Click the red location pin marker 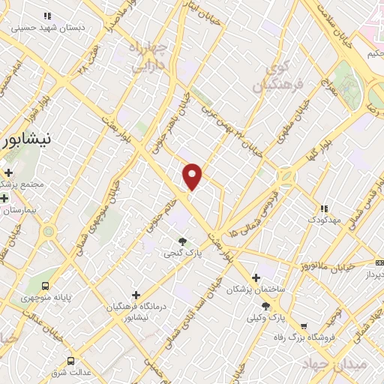[x=193, y=175]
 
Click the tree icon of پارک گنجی [x=182, y=241]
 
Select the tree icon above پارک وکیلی [x=265, y=305]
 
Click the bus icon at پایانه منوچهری [x=46, y=286]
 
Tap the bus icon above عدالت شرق [x=71, y=360]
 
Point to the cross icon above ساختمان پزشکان [x=255, y=277]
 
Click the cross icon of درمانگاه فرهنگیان [x=136, y=295]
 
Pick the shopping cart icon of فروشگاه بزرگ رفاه [x=303, y=326]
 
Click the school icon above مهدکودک [x=323, y=208]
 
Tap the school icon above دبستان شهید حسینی [x=47, y=15]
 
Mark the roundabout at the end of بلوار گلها [x=286, y=177]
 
